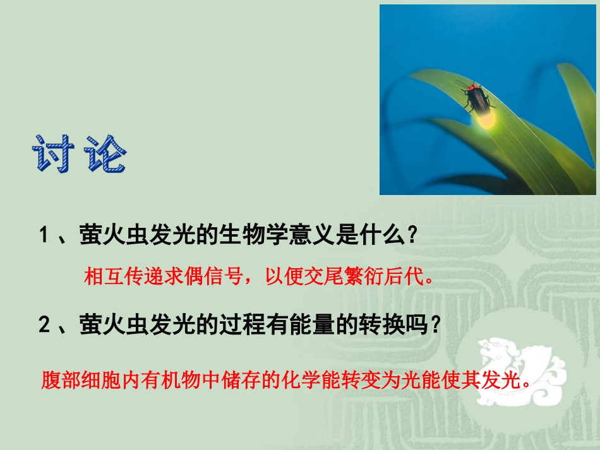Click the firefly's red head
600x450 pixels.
[x=470, y=86]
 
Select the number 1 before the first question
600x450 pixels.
[x=44, y=236]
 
